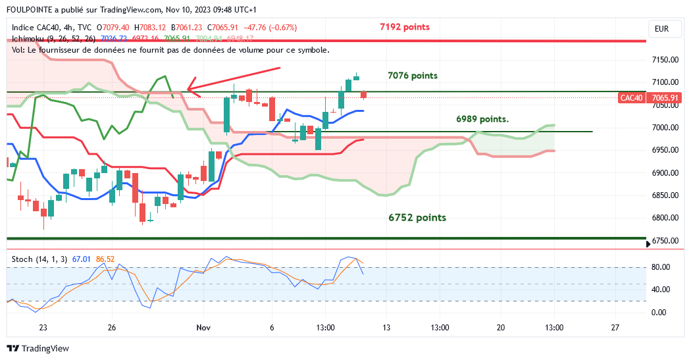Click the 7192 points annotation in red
coord(405,27)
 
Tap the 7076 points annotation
coord(413,76)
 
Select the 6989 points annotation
coord(482,119)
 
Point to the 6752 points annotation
coord(417,218)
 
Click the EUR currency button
coord(661,29)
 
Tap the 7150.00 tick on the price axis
coord(665,60)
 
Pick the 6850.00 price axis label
coord(665,195)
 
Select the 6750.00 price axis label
coord(665,241)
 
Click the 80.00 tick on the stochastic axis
coord(661,267)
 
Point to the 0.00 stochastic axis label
coord(659,313)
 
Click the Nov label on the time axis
coord(203,328)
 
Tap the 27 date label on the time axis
coord(615,328)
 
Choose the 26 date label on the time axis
coord(112,328)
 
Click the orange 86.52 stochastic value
coord(105,259)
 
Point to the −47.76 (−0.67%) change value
coord(270,28)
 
